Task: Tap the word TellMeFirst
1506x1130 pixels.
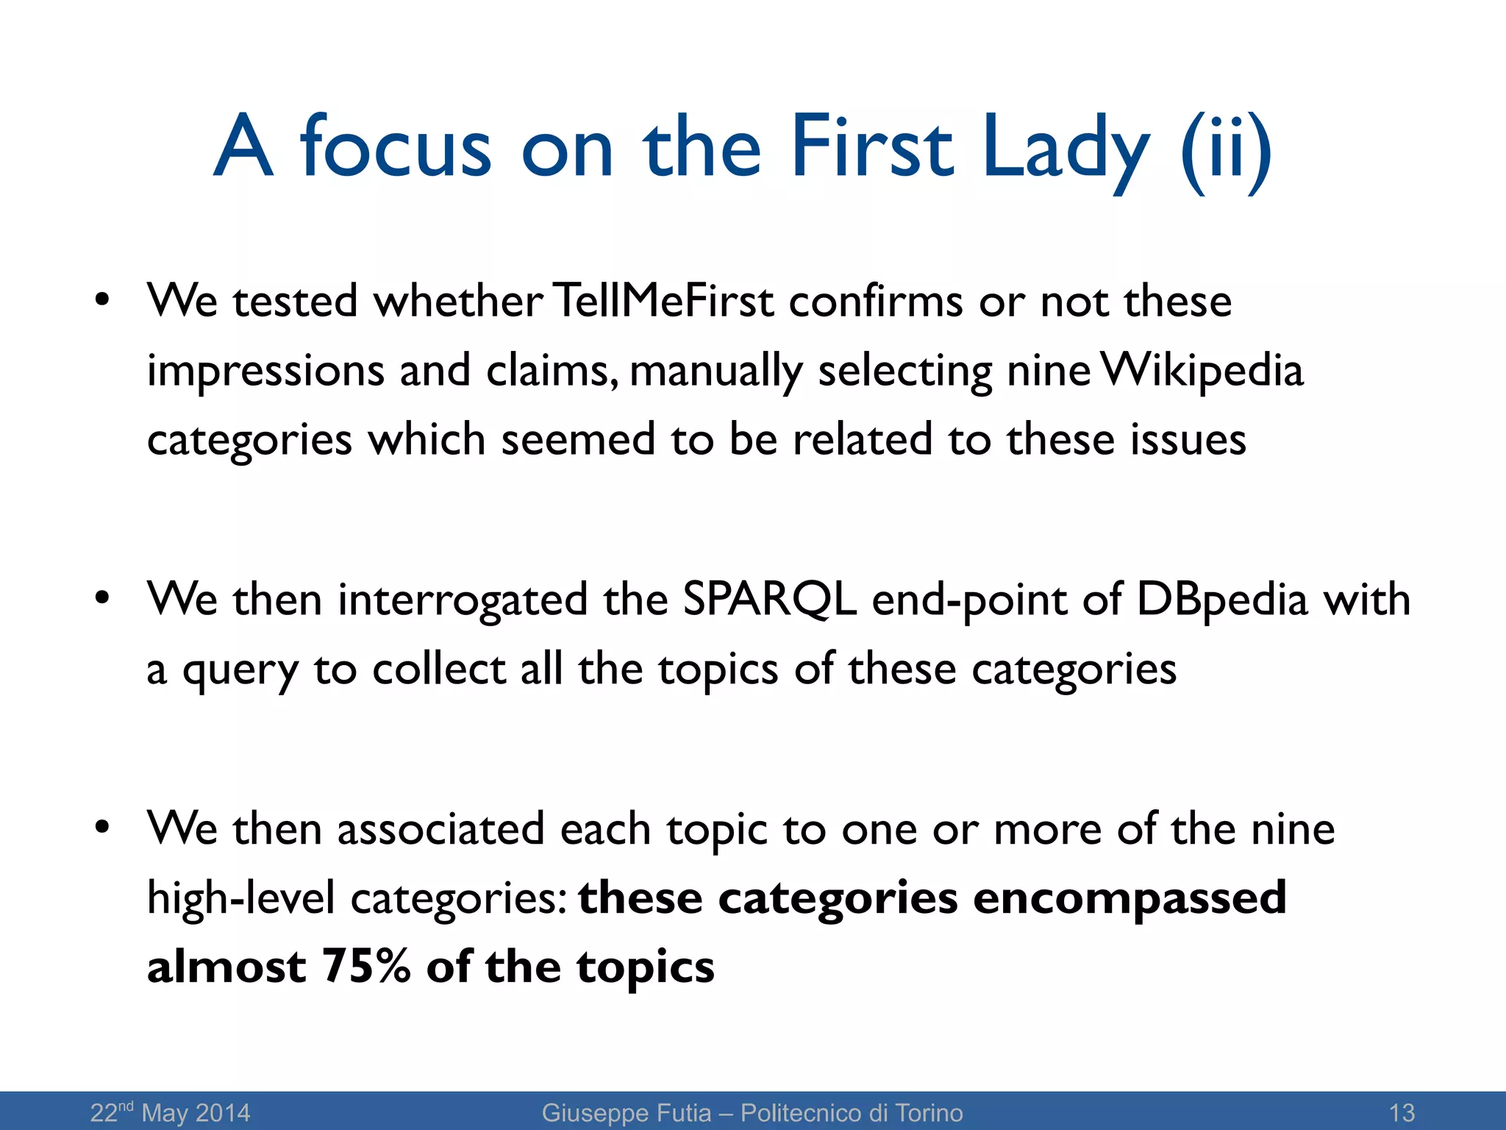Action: [663, 301]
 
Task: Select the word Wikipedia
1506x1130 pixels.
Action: [1203, 370]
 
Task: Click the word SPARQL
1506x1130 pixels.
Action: [769, 599]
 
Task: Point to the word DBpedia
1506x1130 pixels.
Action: [1222, 599]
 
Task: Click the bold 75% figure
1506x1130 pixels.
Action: [366, 966]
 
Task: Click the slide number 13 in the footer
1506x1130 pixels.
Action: [1402, 1112]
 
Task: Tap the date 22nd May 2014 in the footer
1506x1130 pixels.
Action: [170, 1112]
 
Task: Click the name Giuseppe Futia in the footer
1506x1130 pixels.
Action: [627, 1112]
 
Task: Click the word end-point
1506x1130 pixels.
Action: [968, 600]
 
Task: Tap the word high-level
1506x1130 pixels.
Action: [240, 899]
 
